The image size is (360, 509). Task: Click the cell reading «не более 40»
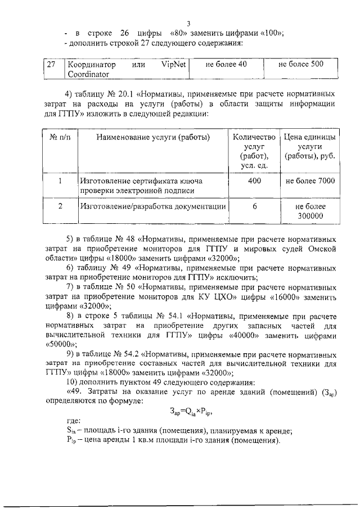(226, 65)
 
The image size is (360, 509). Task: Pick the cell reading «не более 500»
(301, 64)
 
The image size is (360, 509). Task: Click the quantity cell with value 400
(254, 181)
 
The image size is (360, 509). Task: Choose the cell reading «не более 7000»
(310, 181)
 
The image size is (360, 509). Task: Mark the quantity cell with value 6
(254, 206)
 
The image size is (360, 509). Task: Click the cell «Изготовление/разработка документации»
(153, 206)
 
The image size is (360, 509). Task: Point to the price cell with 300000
(310, 215)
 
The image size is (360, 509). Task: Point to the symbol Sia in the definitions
(71, 431)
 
